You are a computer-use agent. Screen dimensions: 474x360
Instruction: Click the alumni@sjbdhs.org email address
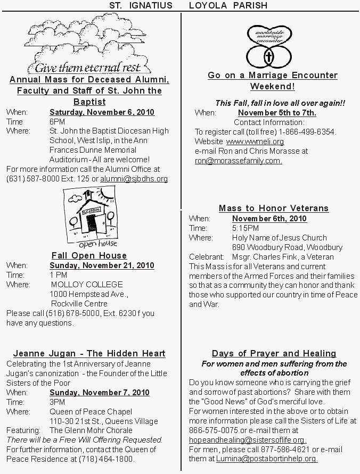point(134,179)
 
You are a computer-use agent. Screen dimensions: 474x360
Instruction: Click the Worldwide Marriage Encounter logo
point(269,45)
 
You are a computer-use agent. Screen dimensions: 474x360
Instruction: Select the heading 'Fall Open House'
point(89,255)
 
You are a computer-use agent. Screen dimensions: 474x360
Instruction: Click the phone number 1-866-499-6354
point(310,132)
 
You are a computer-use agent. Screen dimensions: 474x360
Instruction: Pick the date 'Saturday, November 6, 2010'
point(102,112)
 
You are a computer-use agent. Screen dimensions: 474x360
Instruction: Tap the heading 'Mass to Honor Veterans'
point(274,208)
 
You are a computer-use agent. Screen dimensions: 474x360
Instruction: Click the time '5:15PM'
point(246,228)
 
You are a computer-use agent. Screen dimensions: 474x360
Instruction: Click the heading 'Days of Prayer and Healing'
point(274,353)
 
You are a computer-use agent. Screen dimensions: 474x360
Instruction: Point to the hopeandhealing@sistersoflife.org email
point(248,440)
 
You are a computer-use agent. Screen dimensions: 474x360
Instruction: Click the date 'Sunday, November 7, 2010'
point(100,393)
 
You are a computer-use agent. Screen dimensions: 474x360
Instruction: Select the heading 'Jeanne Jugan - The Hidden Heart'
point(89,353)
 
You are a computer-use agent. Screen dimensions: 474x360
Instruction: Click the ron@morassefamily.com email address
point(238,160)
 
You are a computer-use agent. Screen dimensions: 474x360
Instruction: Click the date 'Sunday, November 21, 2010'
point(102,265)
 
